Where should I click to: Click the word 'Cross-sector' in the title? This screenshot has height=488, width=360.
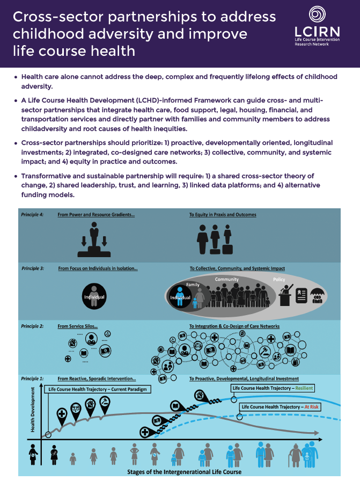point(59,17)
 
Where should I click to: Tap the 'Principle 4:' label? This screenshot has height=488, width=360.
point(33,215)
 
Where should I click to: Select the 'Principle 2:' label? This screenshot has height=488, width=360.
point(33,326)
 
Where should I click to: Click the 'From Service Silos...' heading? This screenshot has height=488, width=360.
point(78,326)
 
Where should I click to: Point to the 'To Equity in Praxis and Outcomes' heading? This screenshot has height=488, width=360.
point(223,215)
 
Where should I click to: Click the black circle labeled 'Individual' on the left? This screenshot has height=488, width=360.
point(94,296)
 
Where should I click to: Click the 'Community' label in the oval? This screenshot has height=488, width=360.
point(226,280)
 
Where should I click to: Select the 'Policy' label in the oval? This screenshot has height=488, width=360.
point(279,280)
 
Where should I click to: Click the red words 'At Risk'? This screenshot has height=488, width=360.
point(311,407)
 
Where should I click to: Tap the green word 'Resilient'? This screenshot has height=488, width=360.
point(303,388)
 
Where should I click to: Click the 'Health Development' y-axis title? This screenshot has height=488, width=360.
point(33,411)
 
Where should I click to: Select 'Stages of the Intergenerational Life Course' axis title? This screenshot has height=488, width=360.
point(184,472)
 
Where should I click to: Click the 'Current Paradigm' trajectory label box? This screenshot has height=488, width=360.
point(97,389)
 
